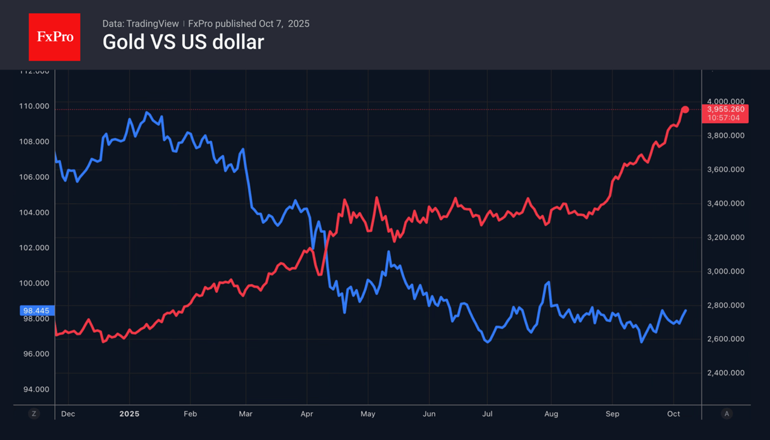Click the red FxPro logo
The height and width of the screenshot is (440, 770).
point(54,37)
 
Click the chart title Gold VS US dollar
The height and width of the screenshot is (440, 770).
point(183,42)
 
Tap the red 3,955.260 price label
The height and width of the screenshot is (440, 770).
point(726,109)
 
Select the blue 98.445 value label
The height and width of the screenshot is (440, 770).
point(37,310)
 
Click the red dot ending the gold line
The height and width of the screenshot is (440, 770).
point(685,109)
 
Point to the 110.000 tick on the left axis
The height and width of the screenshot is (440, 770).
point(34,106)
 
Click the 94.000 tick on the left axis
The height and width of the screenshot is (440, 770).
point(34,389)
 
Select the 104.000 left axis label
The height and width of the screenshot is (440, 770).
point(34,212)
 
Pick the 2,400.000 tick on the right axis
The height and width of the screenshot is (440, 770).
point(725,373)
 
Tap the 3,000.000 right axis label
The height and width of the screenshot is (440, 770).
point(725,271)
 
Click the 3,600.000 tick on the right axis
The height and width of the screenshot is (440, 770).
point(725,170)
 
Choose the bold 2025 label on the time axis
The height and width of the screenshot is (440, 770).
point(129,414)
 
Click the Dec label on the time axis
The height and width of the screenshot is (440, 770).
point(68,414)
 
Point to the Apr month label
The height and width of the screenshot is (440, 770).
point(307,414)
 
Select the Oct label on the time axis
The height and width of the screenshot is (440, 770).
point(673,414)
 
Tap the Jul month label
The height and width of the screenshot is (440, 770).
point(487,414)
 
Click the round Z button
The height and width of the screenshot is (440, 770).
point(34,414)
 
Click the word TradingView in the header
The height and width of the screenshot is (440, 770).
point(152,24)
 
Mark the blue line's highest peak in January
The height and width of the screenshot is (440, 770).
point(147,112)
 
